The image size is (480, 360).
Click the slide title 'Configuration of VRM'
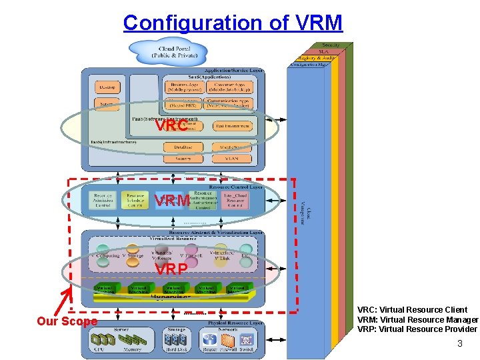pos(233,23)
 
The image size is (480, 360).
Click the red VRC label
pos(171,126)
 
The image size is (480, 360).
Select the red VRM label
pos(171,201)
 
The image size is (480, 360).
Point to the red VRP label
pos(171,269)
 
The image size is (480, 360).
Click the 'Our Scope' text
pos(67,321)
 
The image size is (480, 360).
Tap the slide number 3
pos(459,344)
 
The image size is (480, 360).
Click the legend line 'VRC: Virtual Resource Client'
pos(412,310)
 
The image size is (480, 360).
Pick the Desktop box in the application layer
pos(107,88)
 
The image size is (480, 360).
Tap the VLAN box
pos(232,159)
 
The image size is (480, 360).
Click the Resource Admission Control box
pos(103,201)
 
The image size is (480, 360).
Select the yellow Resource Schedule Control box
pos(135,201)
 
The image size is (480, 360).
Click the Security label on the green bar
pos(331,45)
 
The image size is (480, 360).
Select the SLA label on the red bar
pos(323,51)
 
